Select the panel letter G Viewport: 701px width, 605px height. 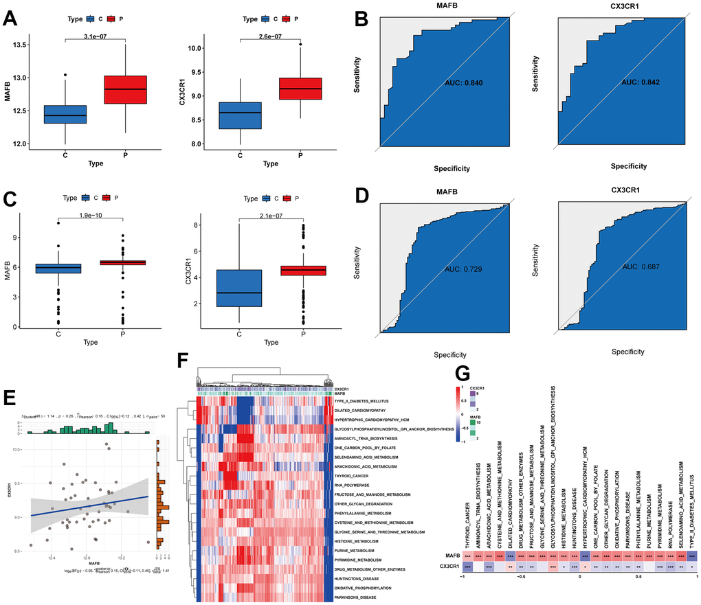pyautogui.click(x=464, y=373)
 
